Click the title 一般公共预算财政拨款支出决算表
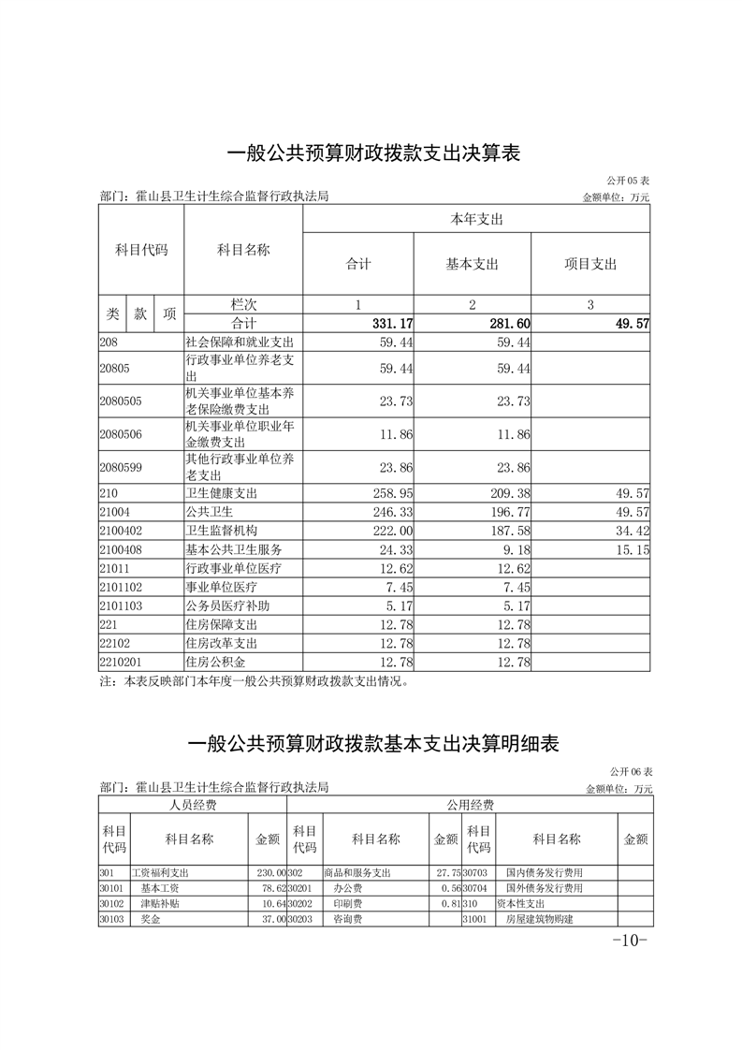coord(372,153)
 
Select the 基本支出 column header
coord(472,264)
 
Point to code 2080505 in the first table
coord(121,401)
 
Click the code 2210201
coord(121,662)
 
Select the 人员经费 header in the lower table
coord(193,805)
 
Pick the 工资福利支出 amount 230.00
coord(269,871)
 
